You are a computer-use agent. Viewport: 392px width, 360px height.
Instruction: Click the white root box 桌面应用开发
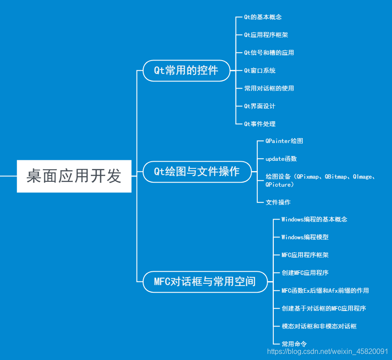[74, 176]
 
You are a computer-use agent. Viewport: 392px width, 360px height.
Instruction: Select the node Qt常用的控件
[186, 70]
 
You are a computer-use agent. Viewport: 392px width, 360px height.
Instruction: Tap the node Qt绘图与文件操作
[197, 172]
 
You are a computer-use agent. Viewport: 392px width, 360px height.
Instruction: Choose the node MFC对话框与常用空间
[205, 282]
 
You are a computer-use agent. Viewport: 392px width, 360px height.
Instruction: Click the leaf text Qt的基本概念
[263, 17]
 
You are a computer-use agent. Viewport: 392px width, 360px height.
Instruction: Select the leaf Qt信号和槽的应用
[269, 53]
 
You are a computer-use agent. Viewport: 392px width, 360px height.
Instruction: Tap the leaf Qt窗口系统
[260, 70]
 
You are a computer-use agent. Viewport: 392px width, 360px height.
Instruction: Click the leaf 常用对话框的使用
[269, 88]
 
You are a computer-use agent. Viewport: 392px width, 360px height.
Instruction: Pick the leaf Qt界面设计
[260, 106]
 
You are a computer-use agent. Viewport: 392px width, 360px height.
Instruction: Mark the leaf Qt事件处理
[260, 124]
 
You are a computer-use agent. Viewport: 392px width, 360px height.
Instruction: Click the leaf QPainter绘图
[284, 141]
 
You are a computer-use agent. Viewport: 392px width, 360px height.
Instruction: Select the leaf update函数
[281, 159]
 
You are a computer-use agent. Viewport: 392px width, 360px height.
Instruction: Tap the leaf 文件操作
[278, 202]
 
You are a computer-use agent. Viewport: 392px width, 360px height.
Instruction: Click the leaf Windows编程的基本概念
[314, 219]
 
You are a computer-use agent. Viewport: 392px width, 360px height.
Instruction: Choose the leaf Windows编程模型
[305, 237]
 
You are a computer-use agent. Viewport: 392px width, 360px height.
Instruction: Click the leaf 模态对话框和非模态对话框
[319, 326]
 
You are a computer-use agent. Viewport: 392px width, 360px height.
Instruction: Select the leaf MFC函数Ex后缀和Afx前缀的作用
[325, 290]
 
